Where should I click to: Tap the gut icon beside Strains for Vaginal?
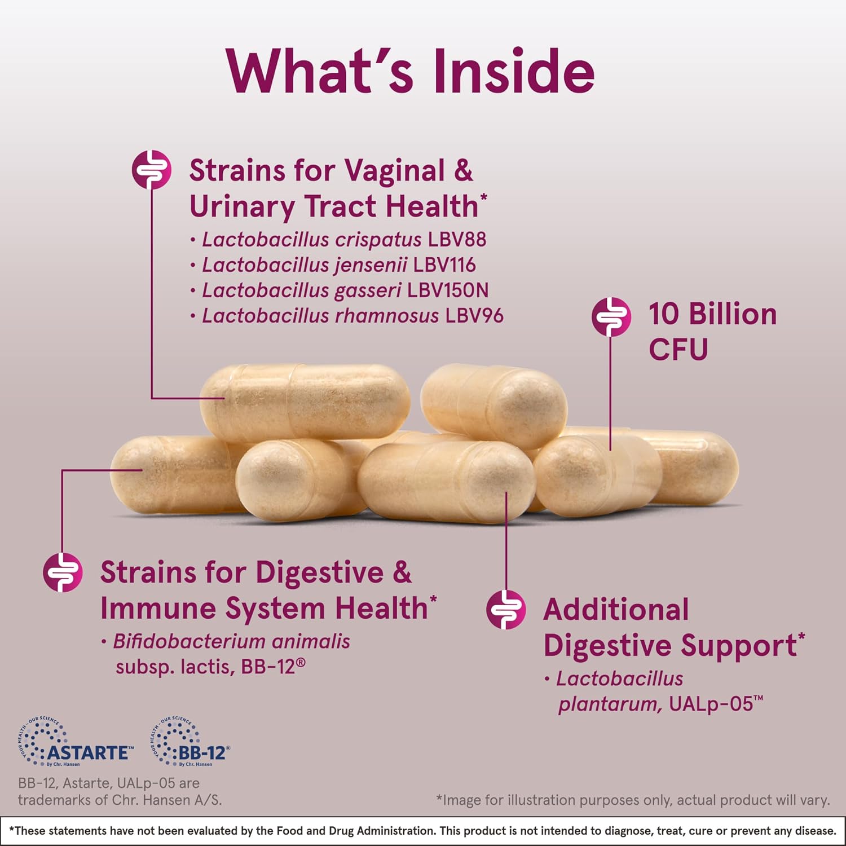point(151,169)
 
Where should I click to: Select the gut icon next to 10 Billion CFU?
point(611,316)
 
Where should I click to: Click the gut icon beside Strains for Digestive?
point(63,572)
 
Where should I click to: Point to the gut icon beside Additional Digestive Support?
point(506,609)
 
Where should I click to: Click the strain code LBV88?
point(457,240)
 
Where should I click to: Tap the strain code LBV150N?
point(448,290)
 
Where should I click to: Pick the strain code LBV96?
point(474,316)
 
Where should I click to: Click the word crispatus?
point(378,240)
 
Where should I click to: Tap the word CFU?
point(678,349)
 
